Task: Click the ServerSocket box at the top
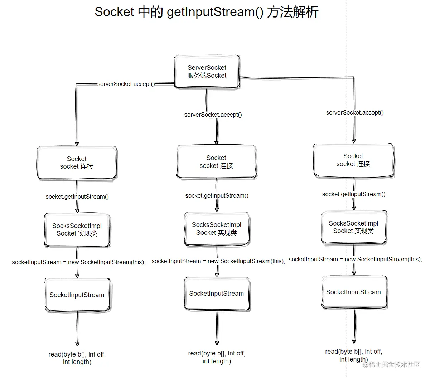point(207,72)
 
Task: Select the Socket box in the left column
point(77,163)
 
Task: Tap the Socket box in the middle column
point(216,162)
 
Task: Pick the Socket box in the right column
point(353,160)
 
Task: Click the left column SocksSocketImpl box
point(77,230)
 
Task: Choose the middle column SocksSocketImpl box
point(217,229)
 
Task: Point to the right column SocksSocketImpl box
point(353,227)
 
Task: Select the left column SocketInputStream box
point(77,295)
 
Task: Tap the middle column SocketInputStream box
point(217,294)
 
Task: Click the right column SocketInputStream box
point(353,292)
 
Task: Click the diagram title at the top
point(206,12)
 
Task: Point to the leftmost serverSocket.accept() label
point(126,84)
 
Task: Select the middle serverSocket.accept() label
point(213,115)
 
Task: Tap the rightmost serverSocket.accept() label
point(355,113)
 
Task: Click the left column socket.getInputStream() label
point(77,197)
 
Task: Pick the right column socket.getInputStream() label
point(354,194)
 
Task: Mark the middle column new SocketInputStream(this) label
point(218,261)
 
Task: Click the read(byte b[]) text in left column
point(77,358)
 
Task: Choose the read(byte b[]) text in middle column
point(217,357)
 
